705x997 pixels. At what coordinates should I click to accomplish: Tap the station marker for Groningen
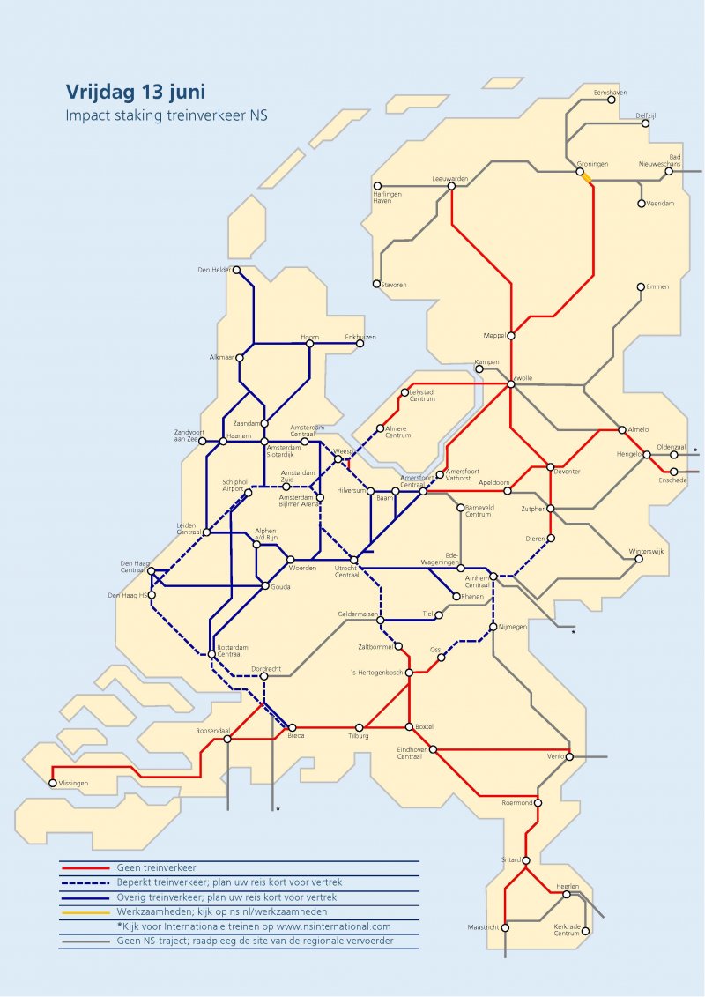[x=581, y=173]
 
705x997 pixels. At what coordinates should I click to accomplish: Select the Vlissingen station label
[x=73, y=783]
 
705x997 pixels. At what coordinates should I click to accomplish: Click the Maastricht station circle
[x=505, y=927]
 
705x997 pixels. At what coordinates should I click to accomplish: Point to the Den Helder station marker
[x=237, y=271]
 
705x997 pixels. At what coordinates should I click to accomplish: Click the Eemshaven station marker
[x=612, y=100]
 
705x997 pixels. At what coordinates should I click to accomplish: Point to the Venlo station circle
[x=570, y=756]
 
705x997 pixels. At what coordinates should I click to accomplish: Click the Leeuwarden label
[x=449, y=179]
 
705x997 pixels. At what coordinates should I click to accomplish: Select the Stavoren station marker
[x=376, y=285]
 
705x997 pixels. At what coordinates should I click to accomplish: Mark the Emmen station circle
[x=641, y=287]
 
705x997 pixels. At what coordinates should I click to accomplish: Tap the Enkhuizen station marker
[x=359, y=344]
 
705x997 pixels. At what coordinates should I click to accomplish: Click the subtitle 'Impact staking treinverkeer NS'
[x=166, y=115]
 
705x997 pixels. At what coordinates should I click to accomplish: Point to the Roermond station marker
[x=538, y=803]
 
